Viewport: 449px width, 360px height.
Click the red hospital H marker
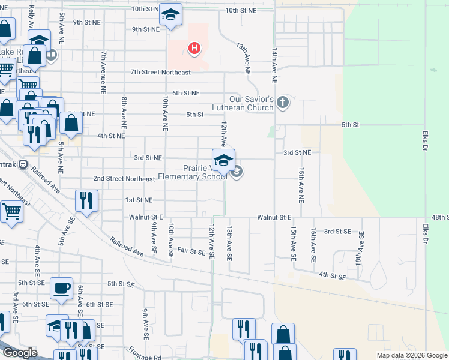click(x=194, y=49)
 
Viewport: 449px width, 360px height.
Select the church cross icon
click(x=283, y=103)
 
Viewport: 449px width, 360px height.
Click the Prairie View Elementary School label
click(x=193, y=172)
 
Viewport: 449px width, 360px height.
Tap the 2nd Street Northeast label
click(x=124, y=179)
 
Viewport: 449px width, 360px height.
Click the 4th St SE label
click(x=333, y=276)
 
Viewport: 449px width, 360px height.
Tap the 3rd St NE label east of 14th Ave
click(x=297, y=153)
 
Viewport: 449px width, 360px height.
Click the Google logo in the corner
click(x=20, y=353)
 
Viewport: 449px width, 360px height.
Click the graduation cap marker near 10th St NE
click(x=170, y=15)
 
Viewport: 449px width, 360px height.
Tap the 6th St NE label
click(x=185, y=93)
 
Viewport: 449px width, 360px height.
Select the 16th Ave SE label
click(x=313, y=245)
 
